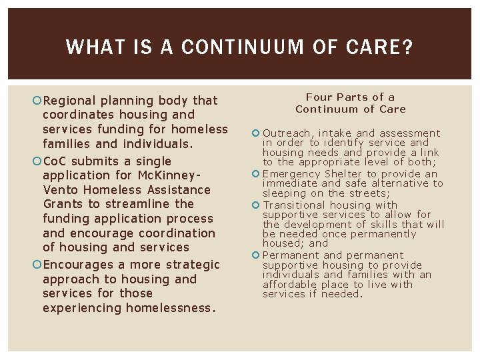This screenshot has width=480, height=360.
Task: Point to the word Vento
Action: tap(61, 190)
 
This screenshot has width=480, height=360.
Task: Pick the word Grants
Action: tap(63, 204)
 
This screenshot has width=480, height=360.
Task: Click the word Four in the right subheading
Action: tap(319, 97)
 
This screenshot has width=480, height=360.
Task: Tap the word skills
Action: tap(378, 225)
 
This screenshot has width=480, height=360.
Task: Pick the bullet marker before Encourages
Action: tap(37, 265)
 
